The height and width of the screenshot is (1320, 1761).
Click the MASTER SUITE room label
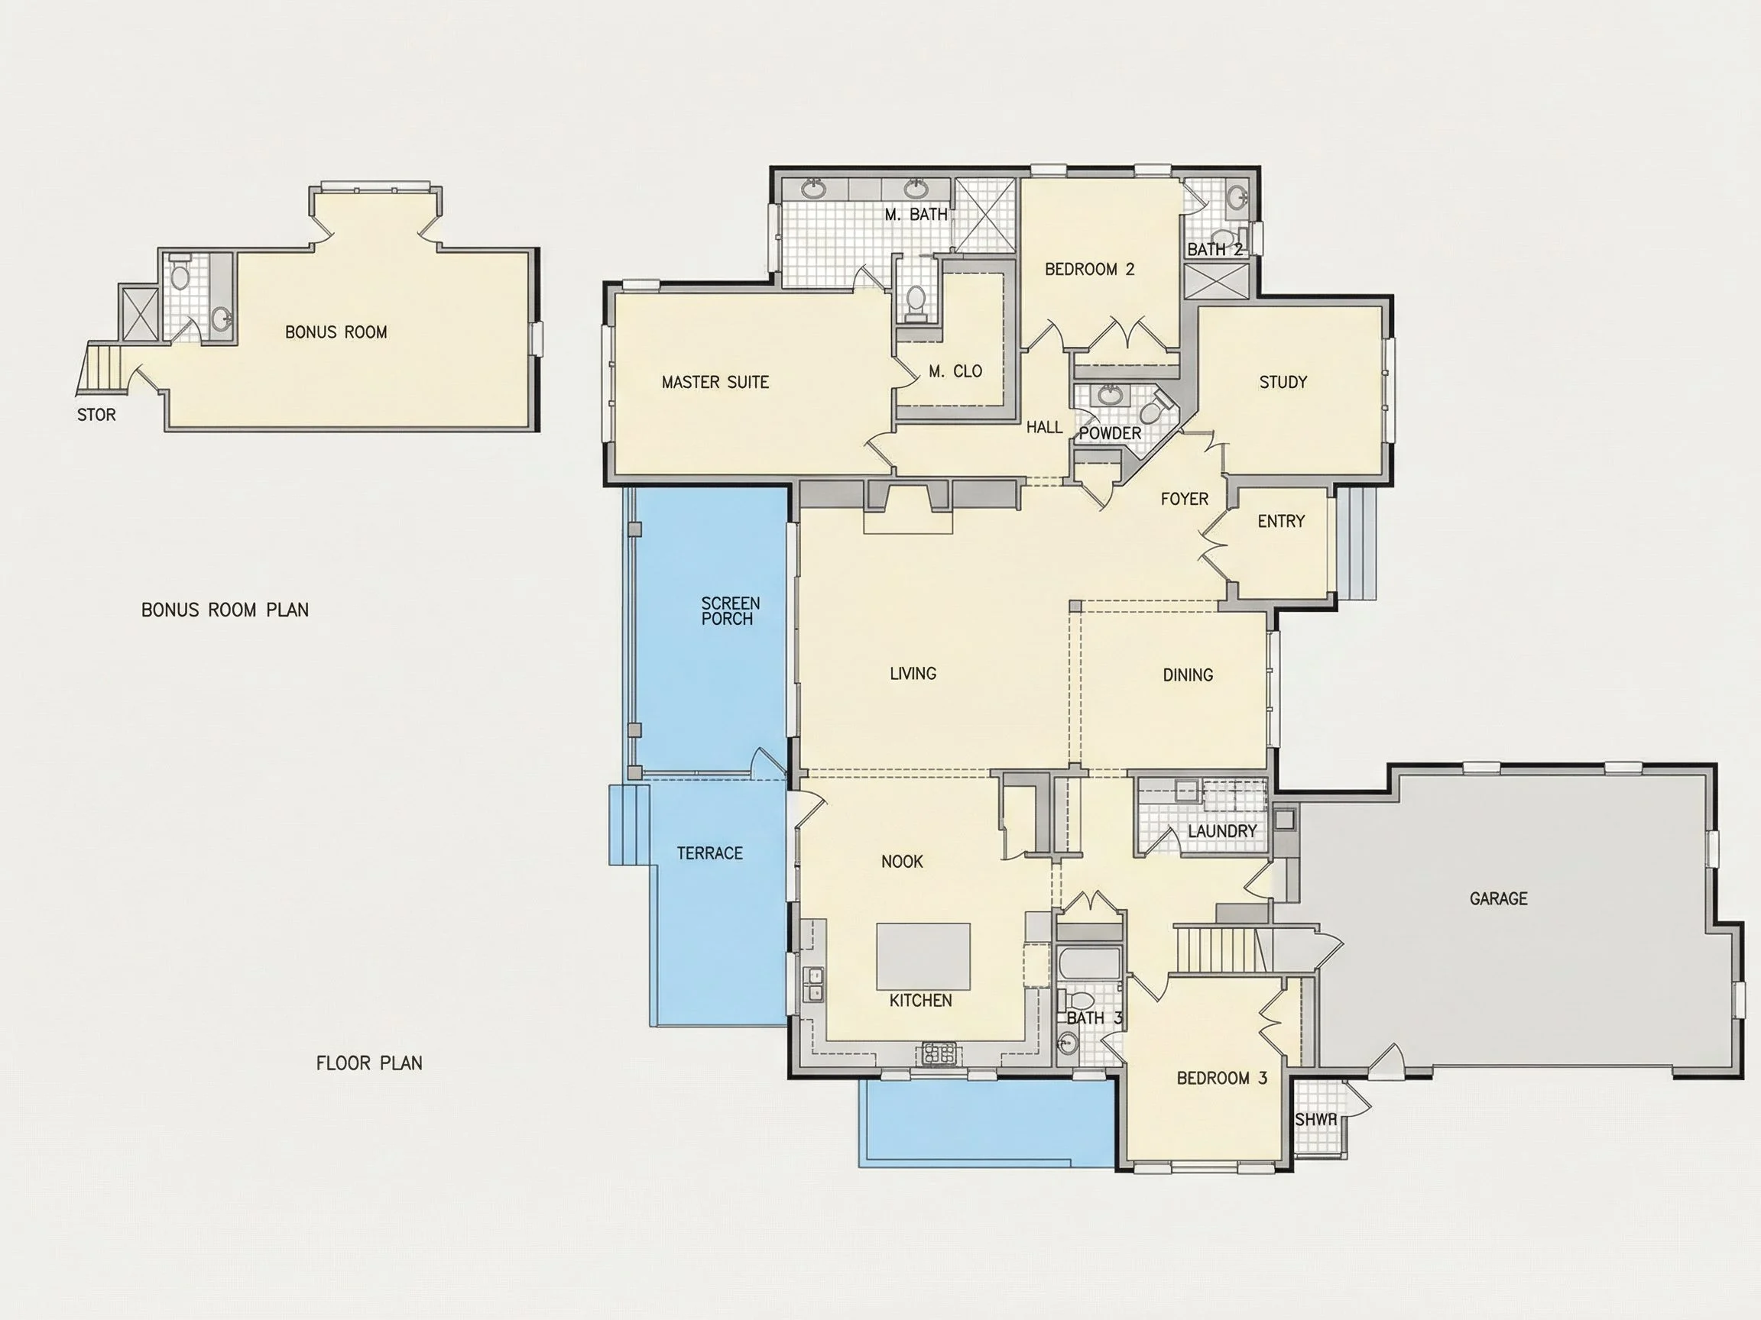[x=715, y=382]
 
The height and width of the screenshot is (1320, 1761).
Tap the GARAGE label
[x=1498, y=898]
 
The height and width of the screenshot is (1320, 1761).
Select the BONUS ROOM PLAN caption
[x=225, y=610]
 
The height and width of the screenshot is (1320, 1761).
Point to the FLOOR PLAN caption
[x=369, y=1063]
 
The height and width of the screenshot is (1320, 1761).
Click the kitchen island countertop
[x=923, y=956]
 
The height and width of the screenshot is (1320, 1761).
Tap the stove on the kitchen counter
[x=939, y=1053]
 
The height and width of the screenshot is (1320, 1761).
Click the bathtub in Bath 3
[x=1089, y=962]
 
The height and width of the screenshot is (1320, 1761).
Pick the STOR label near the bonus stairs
[x=96, y=415]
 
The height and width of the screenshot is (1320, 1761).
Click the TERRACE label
[x=709, y=853]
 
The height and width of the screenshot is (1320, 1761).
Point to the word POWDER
[x=1110, y=433]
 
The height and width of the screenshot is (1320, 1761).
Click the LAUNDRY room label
[x=1222, y=830]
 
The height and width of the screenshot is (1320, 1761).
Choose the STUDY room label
[x=1283, y=382]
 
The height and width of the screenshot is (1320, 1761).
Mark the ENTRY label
[x=1281, y=521]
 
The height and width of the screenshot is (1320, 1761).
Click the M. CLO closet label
[x=955, y=371]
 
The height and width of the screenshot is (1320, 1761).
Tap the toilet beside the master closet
[x=916, y=302]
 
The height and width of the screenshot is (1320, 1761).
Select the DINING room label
[x=1188, y=675]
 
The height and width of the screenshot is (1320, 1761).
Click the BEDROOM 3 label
[x=1222, y=1078]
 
